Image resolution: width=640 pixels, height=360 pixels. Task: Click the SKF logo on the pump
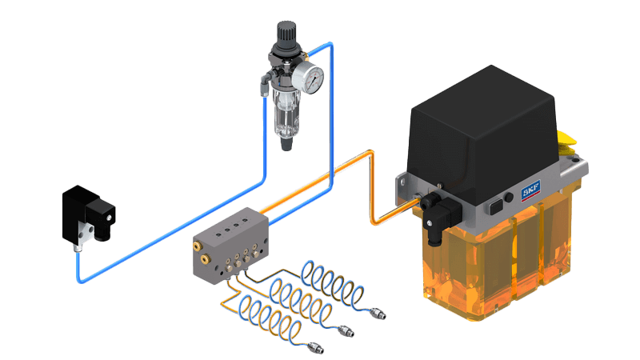(x=531, y=190)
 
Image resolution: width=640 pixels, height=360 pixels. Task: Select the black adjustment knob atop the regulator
(x=286, y=34)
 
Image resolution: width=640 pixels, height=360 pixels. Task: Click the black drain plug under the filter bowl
(x=286, y=144)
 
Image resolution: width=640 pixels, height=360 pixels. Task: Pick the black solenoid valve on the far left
(x=88, y=215)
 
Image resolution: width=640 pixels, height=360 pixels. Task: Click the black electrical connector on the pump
(x=440, y=216)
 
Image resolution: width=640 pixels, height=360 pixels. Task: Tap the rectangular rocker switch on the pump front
(x=496, y=206)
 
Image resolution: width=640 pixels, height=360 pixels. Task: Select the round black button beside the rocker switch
(x=509, y=198)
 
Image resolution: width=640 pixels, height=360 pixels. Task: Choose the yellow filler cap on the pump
(x=567, y=143)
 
